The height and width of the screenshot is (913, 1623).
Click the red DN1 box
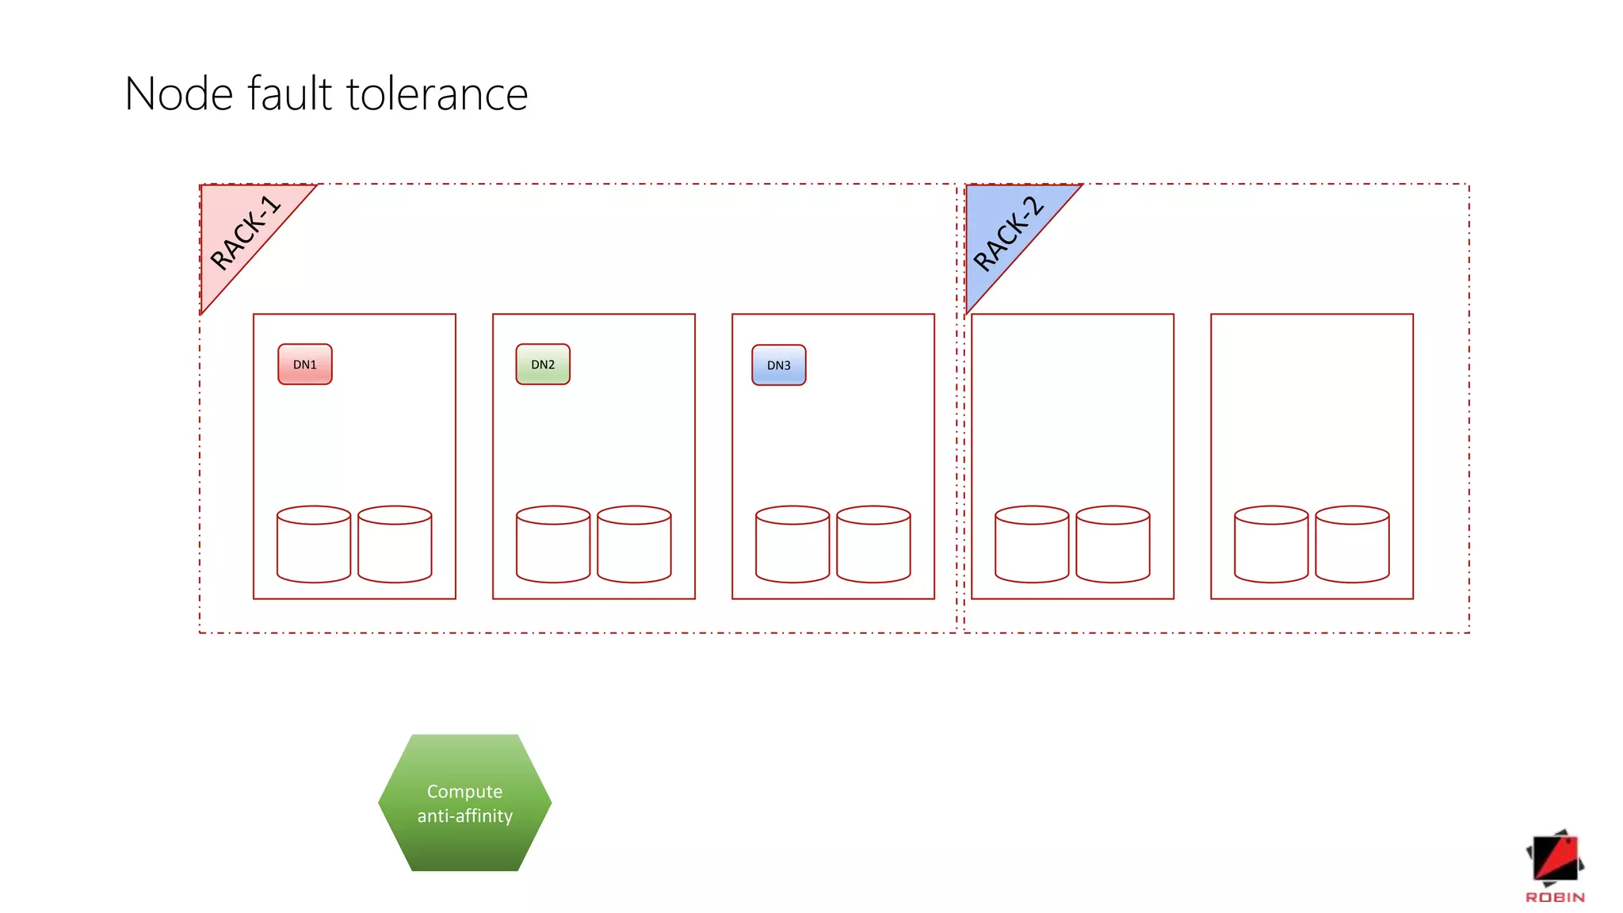pyautogui.click(x=305, y=365)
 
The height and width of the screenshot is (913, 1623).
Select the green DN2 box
pyautogui.click(x=543, y=365)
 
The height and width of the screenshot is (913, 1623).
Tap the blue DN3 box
pyautogui.click(x=779, y=365)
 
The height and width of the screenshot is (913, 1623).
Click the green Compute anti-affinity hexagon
pyautogui.click(x=465, y=803)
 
